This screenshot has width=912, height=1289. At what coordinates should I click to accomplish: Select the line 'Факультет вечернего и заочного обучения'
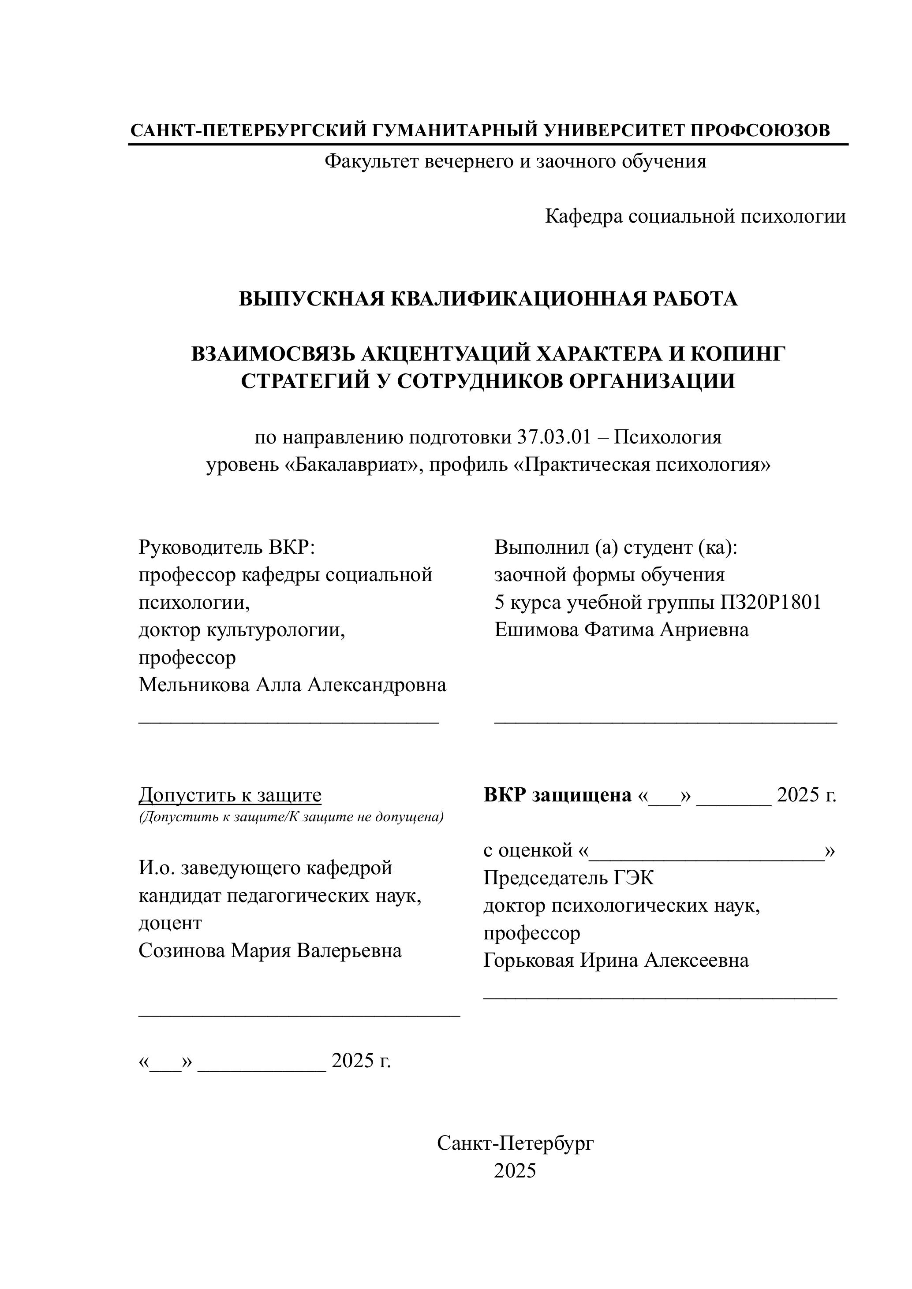tap(515, 162)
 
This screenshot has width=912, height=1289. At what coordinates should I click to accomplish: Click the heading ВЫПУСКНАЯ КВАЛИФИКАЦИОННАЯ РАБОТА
tap(488, 299)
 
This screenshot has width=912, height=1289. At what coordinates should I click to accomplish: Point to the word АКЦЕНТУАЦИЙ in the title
tap(446, 354)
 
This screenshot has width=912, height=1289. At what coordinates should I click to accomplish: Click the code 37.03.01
tap(554, 437)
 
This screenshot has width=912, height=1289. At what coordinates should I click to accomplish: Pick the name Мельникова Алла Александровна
tap(292, 685)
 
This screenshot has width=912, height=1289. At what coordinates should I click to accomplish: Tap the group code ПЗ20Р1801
tap(770, 602)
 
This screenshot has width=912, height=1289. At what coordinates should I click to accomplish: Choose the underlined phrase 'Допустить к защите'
tap(230, 795)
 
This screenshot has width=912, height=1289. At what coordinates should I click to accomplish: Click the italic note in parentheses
tap(291, 817)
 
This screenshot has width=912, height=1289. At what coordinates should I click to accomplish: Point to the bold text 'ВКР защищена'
tap(557, 795)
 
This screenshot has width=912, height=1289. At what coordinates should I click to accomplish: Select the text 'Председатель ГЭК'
tap(568, 878)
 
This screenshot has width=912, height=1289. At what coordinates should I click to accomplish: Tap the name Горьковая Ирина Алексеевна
tap(616, 960)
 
